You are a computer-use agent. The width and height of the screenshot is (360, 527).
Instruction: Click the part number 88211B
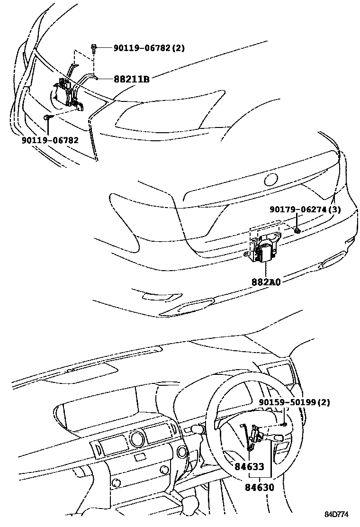[x=132, y=79]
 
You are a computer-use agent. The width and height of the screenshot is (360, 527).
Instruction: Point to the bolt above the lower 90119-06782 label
[x=47, y=117]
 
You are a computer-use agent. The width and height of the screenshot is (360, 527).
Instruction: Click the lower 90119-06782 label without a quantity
[x=50, y=140]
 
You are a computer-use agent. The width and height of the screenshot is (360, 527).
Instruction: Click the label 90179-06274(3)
[x=305, y=209]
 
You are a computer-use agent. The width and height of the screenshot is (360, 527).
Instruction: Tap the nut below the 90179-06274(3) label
[x=297, y=230]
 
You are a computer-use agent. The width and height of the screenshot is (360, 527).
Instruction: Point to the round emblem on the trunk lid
[x=272, y=180]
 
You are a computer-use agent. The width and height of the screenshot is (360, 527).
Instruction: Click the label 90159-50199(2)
[x=294, y=402]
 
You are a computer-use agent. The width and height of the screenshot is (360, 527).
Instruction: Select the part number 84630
[x=259, y=487]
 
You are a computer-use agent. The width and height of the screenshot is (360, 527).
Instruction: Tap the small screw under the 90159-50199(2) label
[x=283, y=424]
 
